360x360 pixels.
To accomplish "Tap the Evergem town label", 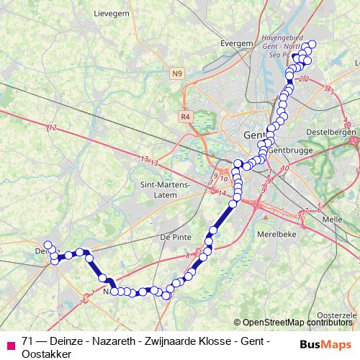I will (238, 43).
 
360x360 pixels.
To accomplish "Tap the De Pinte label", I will (175, 236).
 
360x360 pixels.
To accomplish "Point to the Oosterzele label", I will (337, 315).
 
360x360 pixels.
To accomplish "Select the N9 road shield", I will (178, 73).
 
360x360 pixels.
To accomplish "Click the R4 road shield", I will (186, 115).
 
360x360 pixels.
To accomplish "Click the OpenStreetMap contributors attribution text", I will (297, 323).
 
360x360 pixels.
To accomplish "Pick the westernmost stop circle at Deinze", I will (48, 245).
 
